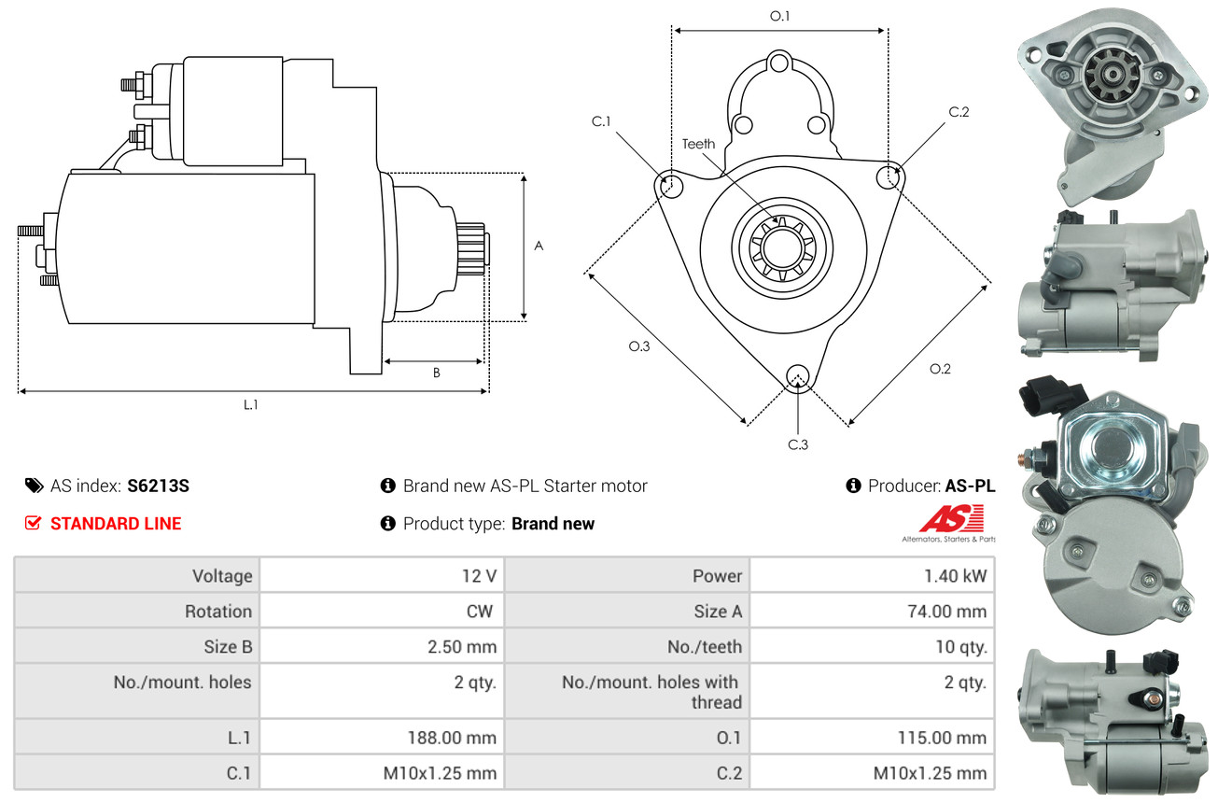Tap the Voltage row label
point(222,576)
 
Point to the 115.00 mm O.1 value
point(937,738)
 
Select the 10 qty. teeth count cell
point(960,647)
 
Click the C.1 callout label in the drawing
point(600,121)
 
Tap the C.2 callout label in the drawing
point(959,112)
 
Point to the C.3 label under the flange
point(797,444)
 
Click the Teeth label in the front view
point(698,144)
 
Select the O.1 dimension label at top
point(779,16)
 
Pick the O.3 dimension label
point(638,346)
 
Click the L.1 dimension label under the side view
point(251,404)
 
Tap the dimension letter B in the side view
point(436,373)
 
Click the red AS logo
point(951,519)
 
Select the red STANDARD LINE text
point(116,524)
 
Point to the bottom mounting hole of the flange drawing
point(798,376)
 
